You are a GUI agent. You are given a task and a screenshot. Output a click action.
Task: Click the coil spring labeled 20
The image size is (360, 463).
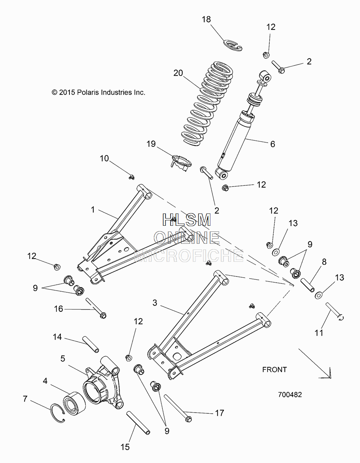pos(207,102)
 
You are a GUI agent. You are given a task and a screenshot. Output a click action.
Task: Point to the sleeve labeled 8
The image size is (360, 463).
pos(307,285)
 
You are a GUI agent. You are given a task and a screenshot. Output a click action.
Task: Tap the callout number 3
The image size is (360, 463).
pos(155,302)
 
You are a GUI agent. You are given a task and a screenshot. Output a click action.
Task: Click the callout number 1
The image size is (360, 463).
pos(93,210)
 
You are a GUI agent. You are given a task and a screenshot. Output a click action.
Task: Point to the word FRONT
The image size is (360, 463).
pos(274,369)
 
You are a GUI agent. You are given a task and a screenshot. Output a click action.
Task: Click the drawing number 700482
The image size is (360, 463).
pos(290,395)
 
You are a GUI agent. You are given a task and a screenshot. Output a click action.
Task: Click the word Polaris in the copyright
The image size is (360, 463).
pos(88,92)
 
